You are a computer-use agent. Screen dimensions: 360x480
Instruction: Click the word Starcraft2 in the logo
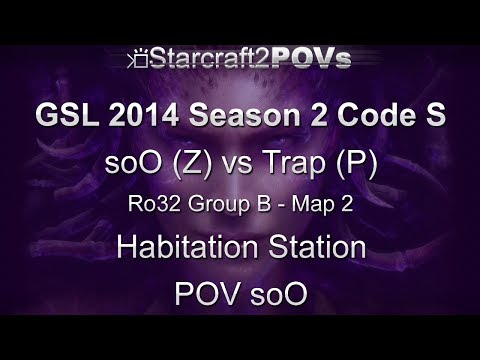[x=201, y=59]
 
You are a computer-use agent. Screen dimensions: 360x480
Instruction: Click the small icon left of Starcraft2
[x=139, y=61]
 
